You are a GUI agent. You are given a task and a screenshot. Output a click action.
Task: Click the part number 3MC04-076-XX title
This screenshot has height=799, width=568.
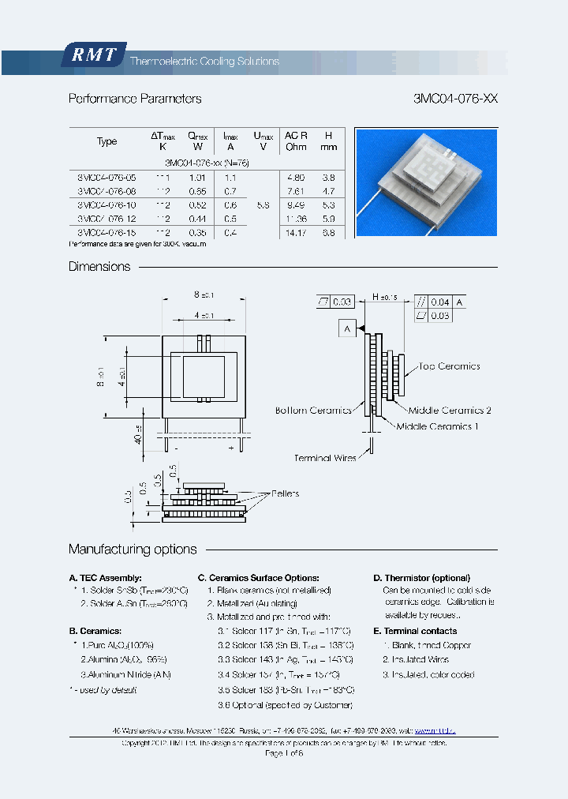click(455, 99)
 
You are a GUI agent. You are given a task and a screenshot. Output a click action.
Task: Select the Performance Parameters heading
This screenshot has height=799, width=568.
click(135, 99)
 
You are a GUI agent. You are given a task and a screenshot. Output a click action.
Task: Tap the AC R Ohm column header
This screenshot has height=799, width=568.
click(296, 141)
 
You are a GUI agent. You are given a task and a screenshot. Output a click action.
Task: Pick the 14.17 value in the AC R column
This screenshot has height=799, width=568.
click(296, 233)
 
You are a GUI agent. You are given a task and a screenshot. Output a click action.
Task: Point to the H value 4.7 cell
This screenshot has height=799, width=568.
click(329, 191)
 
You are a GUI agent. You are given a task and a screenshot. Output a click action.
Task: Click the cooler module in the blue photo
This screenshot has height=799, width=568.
click(423, 182)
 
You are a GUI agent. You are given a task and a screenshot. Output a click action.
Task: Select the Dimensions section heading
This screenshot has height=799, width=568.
click(99, 267)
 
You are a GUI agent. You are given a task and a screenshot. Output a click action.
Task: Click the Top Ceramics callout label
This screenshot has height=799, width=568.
click(449, 366)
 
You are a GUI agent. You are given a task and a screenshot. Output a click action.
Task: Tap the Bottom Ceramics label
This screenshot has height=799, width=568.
click(313, 411)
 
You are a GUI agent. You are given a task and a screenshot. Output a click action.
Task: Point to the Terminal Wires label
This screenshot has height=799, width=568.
click(324, 458)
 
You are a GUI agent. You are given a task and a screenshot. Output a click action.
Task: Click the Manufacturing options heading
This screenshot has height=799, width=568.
click(133, 550)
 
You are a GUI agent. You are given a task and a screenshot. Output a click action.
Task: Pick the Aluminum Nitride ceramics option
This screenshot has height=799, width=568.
click(125, 674)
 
